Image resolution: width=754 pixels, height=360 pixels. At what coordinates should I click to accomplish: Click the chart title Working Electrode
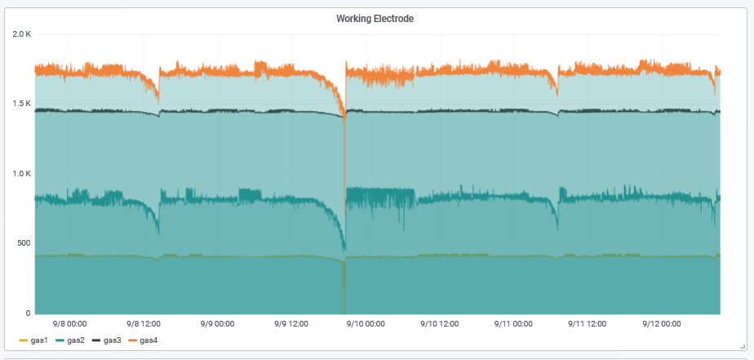(375, 19)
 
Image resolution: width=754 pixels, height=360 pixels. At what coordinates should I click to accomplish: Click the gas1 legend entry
(33, 340)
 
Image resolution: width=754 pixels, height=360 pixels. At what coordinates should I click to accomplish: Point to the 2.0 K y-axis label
(21, 34)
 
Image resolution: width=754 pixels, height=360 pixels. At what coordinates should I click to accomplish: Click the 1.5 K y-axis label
(21, 104)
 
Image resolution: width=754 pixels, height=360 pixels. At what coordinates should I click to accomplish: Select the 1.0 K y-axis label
(21, 174)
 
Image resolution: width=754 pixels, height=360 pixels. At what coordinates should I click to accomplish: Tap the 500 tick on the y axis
(23, 243)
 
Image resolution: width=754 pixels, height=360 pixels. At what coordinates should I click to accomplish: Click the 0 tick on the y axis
(28, 313)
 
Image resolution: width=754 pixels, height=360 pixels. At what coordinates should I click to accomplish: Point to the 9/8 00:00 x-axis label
(69, 324)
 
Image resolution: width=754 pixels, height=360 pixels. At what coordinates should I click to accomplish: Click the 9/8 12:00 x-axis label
(144, 324)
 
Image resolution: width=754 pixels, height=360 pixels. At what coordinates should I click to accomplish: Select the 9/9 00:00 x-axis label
(217, 324)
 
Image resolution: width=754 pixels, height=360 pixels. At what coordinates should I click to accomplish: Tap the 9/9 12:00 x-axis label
(291, 324)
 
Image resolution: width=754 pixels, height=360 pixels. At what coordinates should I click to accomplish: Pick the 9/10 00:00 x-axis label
(365, 324)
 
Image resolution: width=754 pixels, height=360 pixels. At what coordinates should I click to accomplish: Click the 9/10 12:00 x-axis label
(439, 324)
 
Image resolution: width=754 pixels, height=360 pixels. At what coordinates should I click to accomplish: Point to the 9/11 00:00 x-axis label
(512, 324)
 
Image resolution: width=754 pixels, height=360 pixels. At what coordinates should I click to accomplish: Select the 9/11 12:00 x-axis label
(587, 324)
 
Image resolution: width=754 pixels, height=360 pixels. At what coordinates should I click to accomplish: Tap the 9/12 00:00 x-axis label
(660, 324)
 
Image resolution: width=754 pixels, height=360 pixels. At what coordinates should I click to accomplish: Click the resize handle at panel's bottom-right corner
(741, 346)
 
